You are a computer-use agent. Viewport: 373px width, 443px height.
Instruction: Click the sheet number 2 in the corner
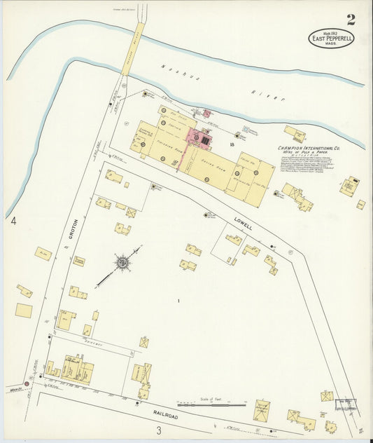point(350,19)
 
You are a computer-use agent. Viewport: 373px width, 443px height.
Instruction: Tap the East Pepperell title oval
point(331,38)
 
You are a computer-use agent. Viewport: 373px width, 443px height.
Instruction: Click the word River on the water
point(267,95)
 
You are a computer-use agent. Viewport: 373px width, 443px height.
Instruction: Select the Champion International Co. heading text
point(309,148)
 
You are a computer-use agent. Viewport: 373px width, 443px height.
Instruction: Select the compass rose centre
point(122,263)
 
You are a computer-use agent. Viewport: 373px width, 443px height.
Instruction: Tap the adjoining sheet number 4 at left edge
point(14,221)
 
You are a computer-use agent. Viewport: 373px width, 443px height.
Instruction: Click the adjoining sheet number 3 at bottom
point(159,430)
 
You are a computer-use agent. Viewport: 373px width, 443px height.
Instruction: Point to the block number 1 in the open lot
point(179,301)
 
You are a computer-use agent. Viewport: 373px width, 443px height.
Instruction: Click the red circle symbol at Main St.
point(27,383)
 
